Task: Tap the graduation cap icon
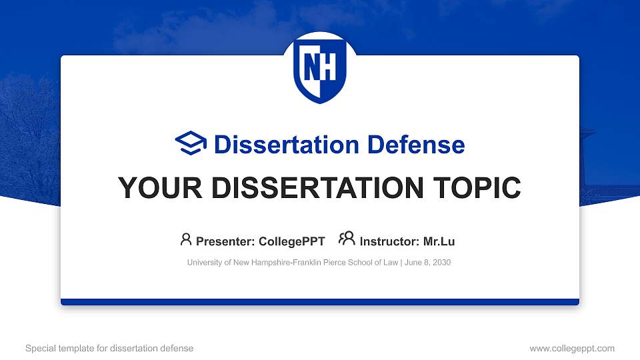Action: point(191,144)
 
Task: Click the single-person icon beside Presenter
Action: point(186,239)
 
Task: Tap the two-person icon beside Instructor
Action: point(347,239)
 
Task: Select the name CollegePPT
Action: point(291,241)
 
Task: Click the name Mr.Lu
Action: point(439,241)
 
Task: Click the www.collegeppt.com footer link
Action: point(572,348)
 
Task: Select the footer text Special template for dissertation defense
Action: point(109,348)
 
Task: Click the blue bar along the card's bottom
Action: point(320,302)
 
